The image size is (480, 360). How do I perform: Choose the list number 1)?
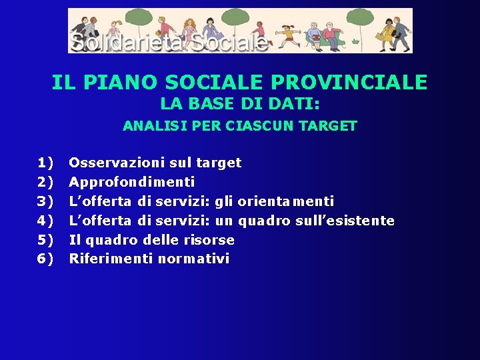click(45, 163)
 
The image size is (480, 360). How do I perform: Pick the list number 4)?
click(45, 221)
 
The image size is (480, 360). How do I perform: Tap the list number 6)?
click(45, 259)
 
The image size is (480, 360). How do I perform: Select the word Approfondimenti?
click(132, 182)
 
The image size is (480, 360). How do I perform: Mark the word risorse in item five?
click(209, 240)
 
